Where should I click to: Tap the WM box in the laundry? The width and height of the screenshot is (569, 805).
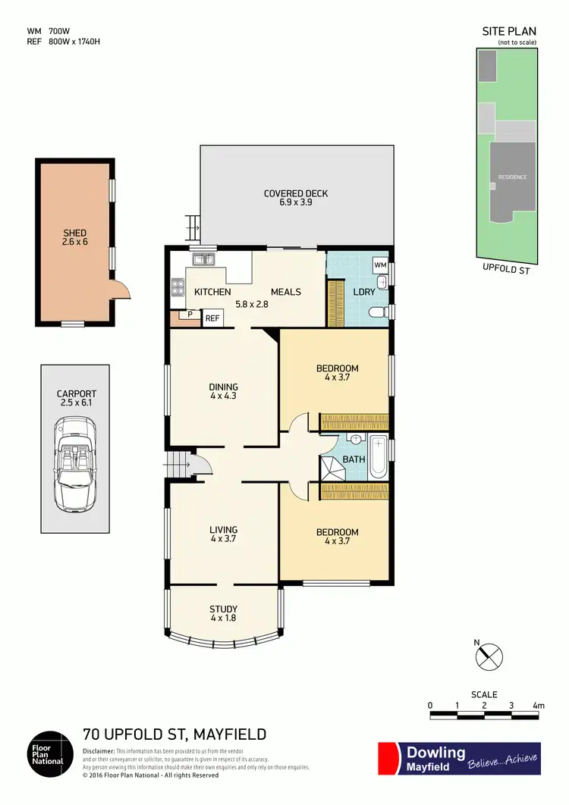point(379,265)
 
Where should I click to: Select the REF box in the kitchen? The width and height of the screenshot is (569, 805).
point(212,318)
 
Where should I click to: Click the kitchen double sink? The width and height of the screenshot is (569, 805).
point(203,261)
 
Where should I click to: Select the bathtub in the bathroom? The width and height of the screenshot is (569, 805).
point(377,457)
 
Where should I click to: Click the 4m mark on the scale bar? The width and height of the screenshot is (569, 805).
point(539,706)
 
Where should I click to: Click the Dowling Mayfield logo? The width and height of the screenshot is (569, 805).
point(459,758)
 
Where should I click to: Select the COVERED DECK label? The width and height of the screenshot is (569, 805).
point(296,193)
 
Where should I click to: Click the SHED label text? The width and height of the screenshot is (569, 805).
point(75,233)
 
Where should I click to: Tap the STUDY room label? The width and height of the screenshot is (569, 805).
point(224,609)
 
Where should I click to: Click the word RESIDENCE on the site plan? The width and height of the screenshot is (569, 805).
point(512,177)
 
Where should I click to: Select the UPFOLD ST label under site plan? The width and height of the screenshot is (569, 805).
point(506,268)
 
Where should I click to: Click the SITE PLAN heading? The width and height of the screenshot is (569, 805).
point(508,32)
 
